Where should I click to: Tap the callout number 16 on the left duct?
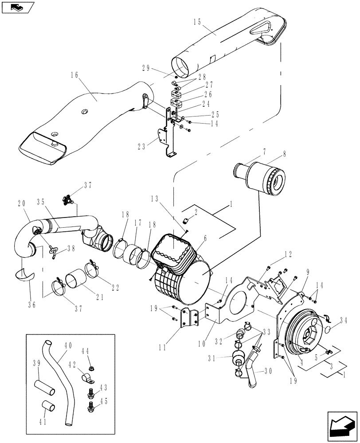coord(74,76)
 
